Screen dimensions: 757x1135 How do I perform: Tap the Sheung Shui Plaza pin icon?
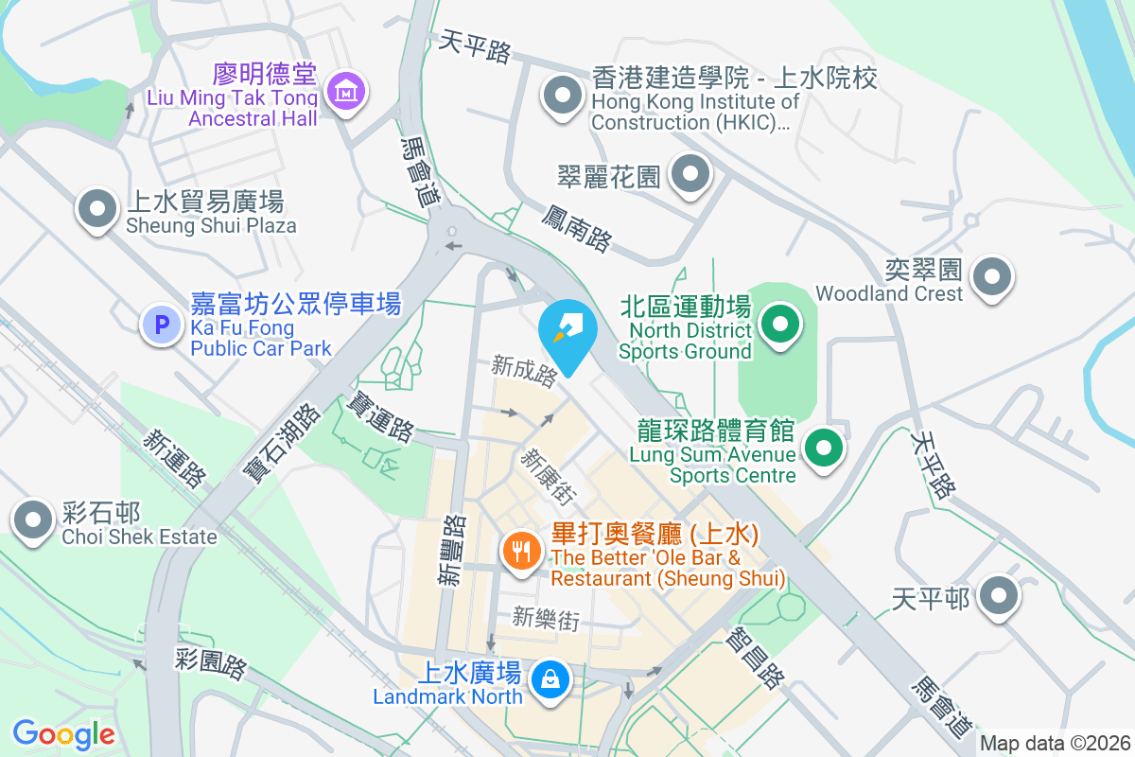pos(96,210)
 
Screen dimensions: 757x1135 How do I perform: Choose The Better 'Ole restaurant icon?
pos(520,551)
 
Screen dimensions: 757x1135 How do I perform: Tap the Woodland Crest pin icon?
pos(992,277)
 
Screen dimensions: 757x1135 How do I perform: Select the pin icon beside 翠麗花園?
pos(690,174)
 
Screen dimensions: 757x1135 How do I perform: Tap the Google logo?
pos(63,734)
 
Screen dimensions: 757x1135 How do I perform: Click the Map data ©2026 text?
pos(1055,743)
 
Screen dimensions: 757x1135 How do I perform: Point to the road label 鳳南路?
pos(576,228)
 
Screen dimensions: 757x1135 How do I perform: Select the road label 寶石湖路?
pos(282,442)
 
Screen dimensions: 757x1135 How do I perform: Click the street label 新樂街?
pos(546,619)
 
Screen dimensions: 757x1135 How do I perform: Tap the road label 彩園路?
pos(211,663)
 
